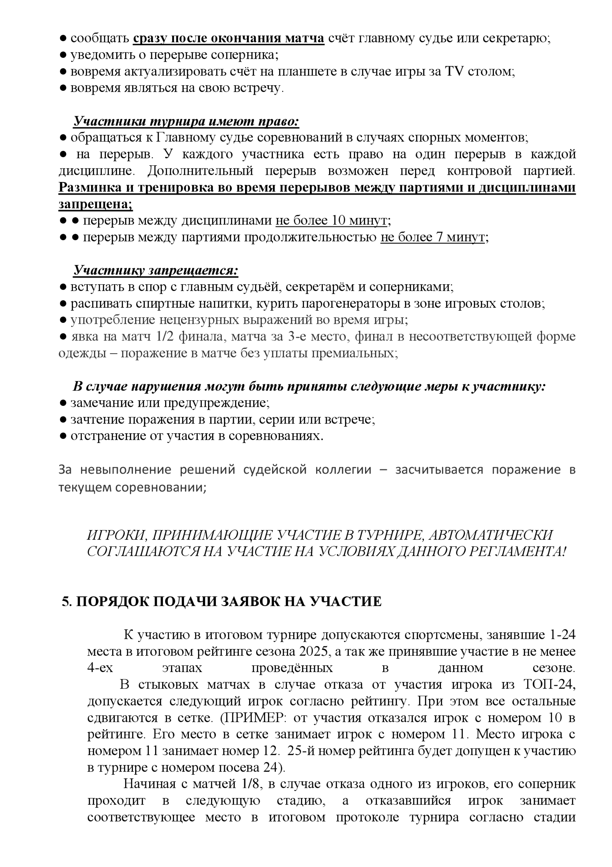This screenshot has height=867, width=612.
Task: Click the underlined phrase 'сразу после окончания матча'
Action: (x=229, y=39)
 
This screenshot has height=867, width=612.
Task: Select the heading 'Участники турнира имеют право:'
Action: (x=186, y=121)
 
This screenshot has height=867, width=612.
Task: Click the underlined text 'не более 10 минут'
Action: (x=331, y=220)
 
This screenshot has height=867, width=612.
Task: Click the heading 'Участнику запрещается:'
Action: (x=156, y=270)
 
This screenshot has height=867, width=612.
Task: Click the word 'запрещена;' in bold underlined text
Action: (x=95, y=204)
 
